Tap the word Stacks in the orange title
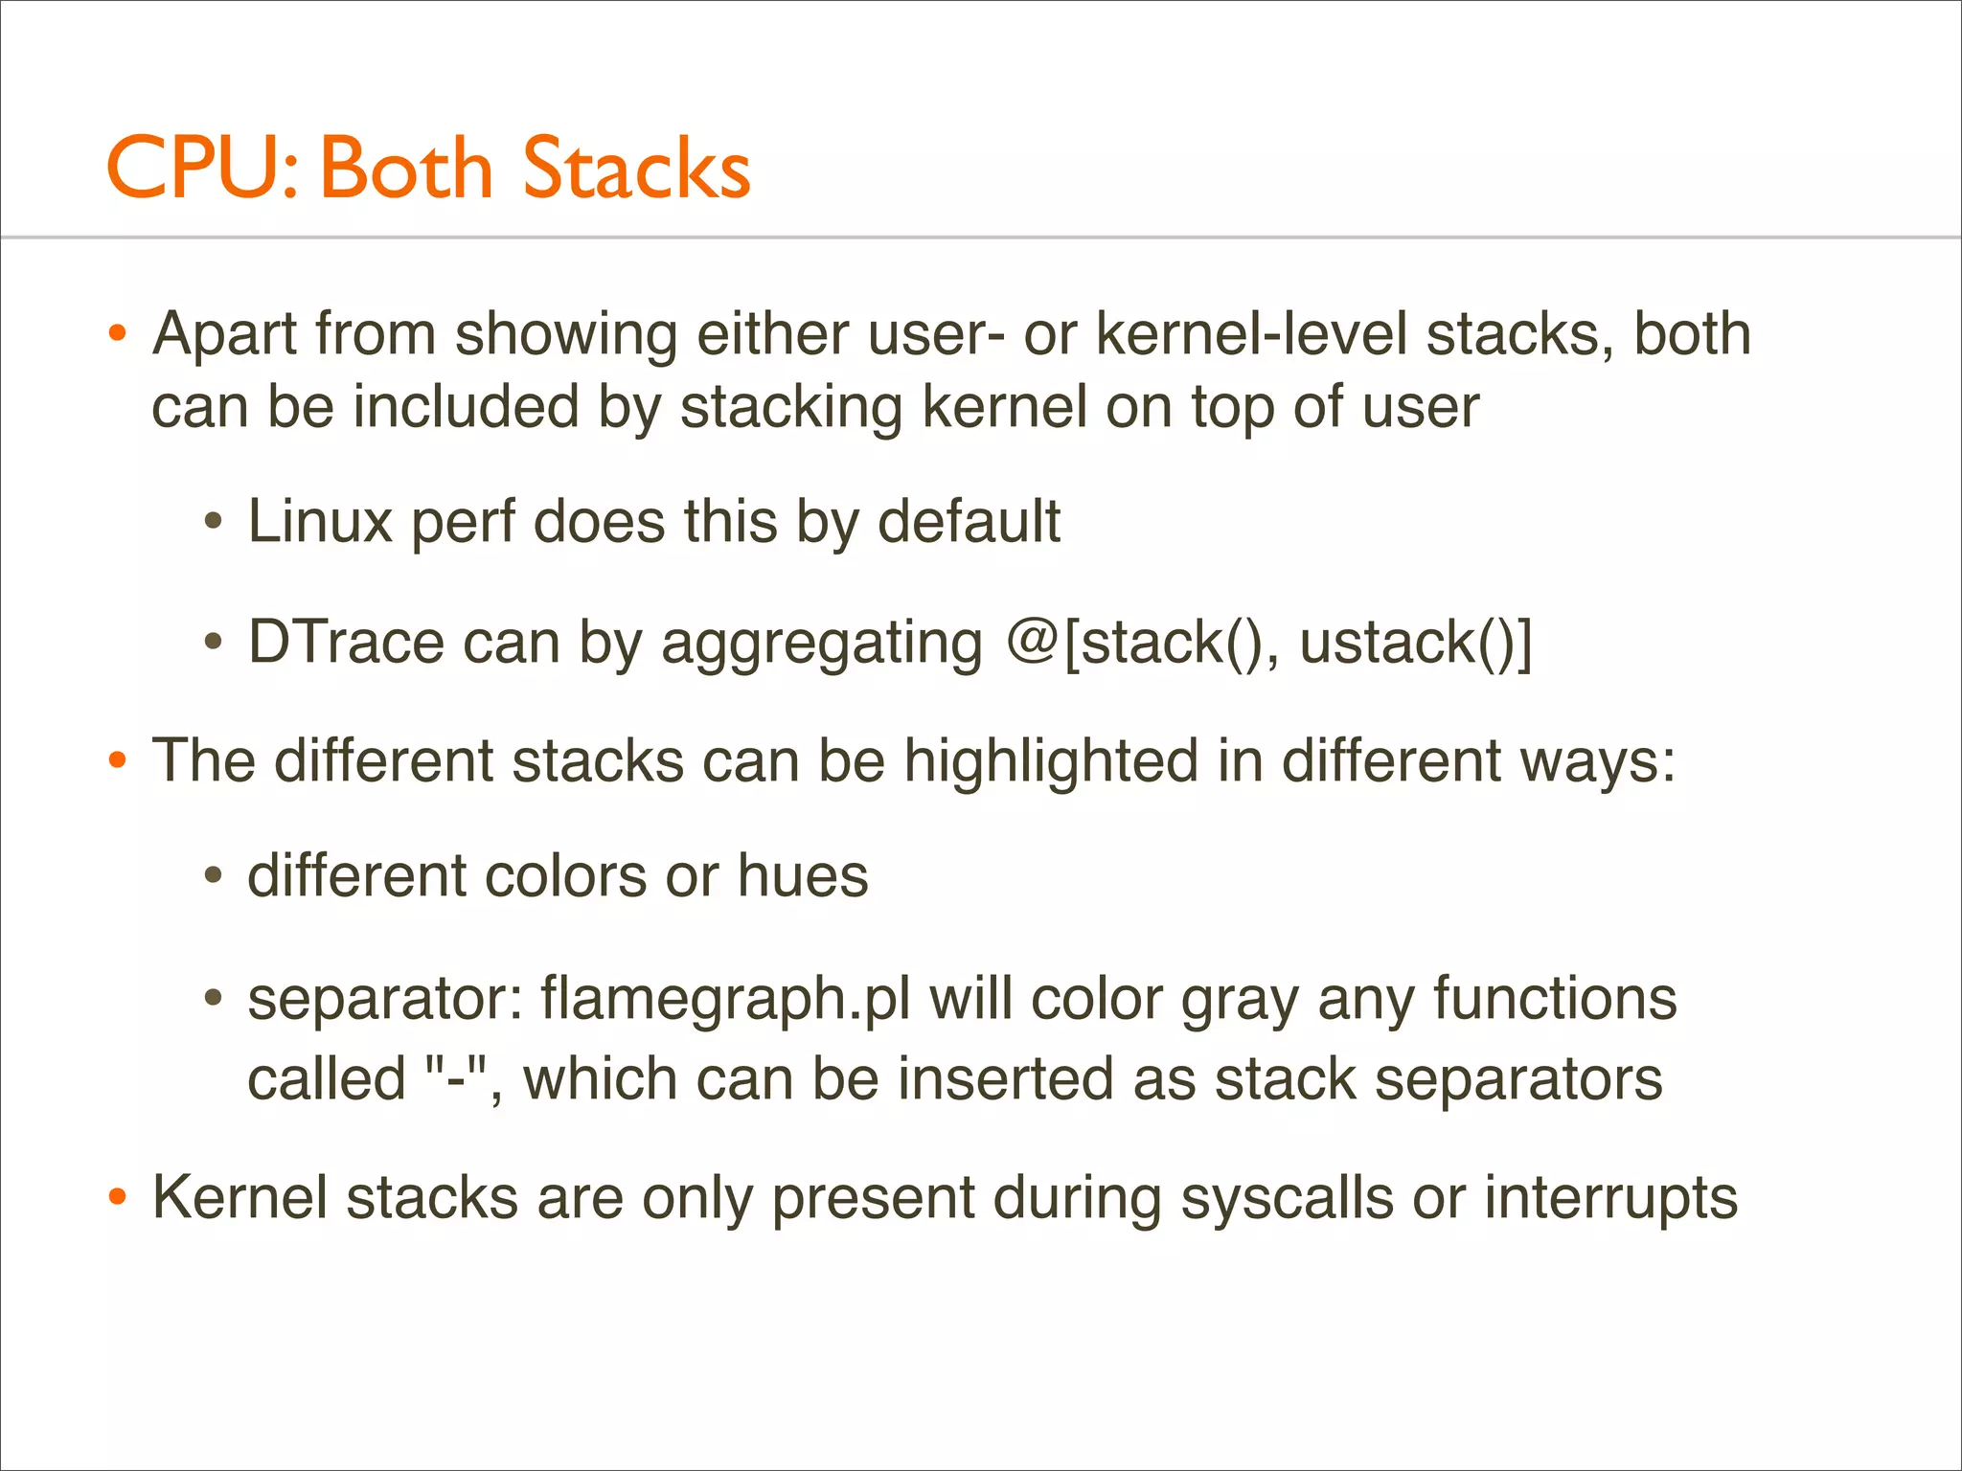(636, 168)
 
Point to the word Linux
(320, 522)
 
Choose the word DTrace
(346, 642)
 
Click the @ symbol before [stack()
(1032, 642)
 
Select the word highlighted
(1051, 762)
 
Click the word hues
(803, 876)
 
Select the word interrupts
(1610, 1199)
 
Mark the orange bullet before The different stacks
(118, 761)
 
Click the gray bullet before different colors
(214, 875)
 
